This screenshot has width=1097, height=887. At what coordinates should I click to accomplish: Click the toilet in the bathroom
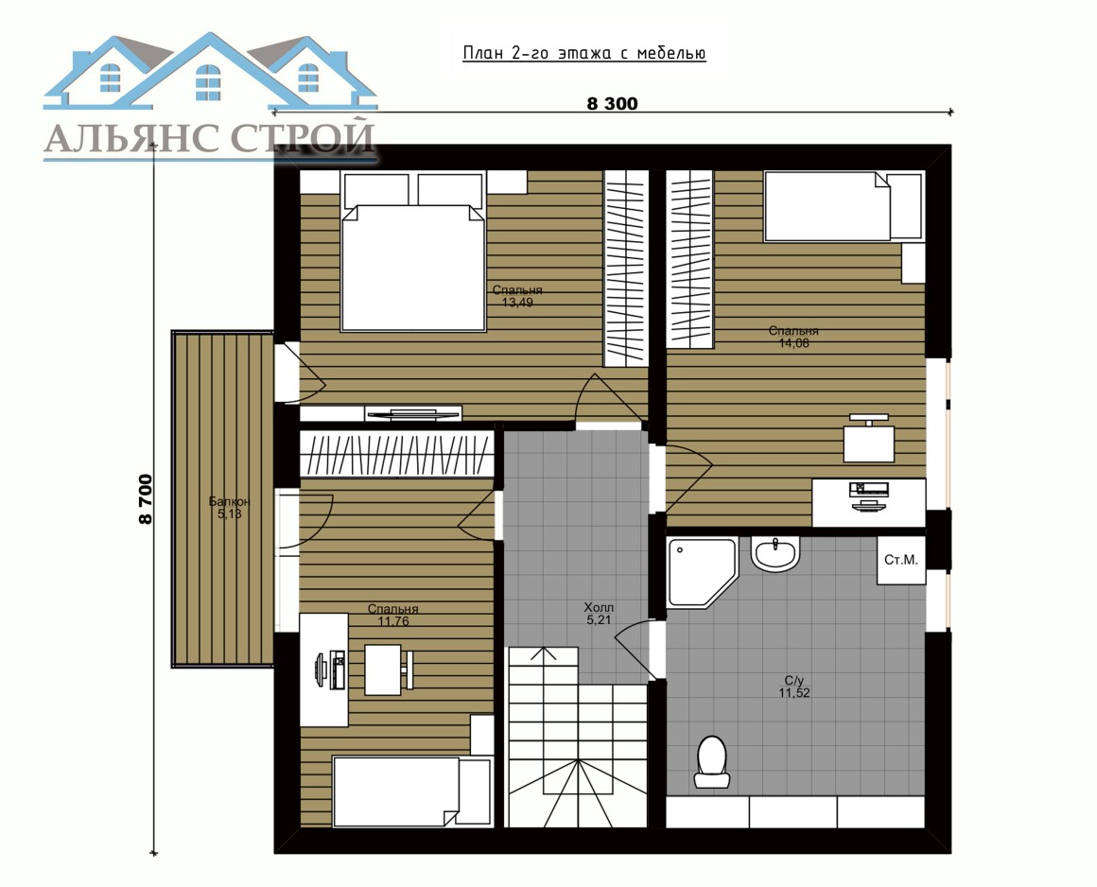(x=712, y=762)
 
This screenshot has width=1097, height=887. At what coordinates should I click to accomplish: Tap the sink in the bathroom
(x=775, y=553)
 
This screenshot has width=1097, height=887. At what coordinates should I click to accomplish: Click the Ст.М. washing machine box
(x=901, y=560)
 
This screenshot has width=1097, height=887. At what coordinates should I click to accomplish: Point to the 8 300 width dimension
(x=612, y=103)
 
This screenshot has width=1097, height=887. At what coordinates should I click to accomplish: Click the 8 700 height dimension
(x=145, y=498)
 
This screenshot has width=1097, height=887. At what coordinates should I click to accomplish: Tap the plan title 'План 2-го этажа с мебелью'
(x=584, y=54)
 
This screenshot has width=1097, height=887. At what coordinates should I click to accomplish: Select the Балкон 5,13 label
(x=229, y=508)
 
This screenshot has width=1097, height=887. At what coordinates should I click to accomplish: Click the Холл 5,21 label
(x=599, y=614)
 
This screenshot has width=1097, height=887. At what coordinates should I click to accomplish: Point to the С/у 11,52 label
(x=794, y=687)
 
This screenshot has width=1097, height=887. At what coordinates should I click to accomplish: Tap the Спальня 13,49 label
(x=517, y=296)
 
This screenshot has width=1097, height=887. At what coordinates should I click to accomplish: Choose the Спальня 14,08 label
(x=793, y=337)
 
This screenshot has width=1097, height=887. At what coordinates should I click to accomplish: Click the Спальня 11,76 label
(x=392, y=615)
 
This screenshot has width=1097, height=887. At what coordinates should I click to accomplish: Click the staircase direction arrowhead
(x=543, y=654)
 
